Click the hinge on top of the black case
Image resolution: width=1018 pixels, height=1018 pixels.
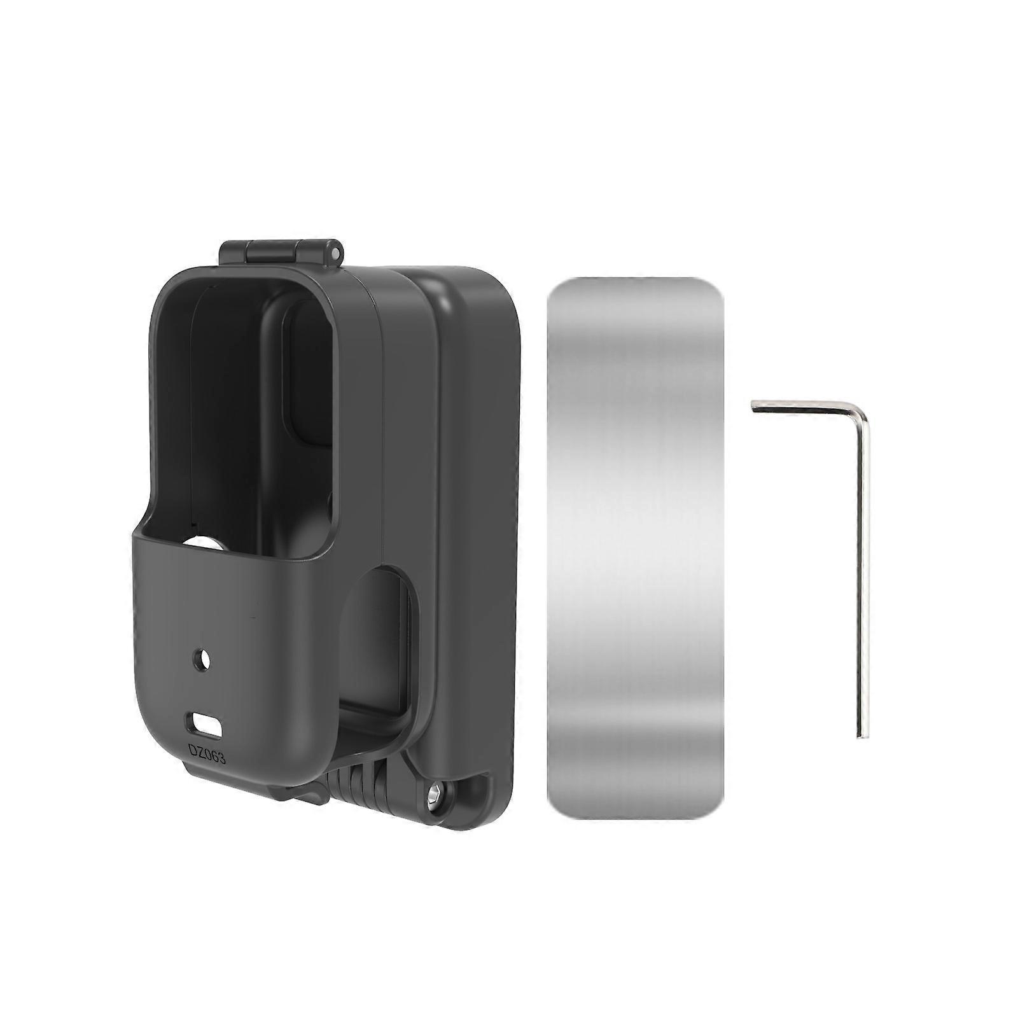(x=281, y=253)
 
